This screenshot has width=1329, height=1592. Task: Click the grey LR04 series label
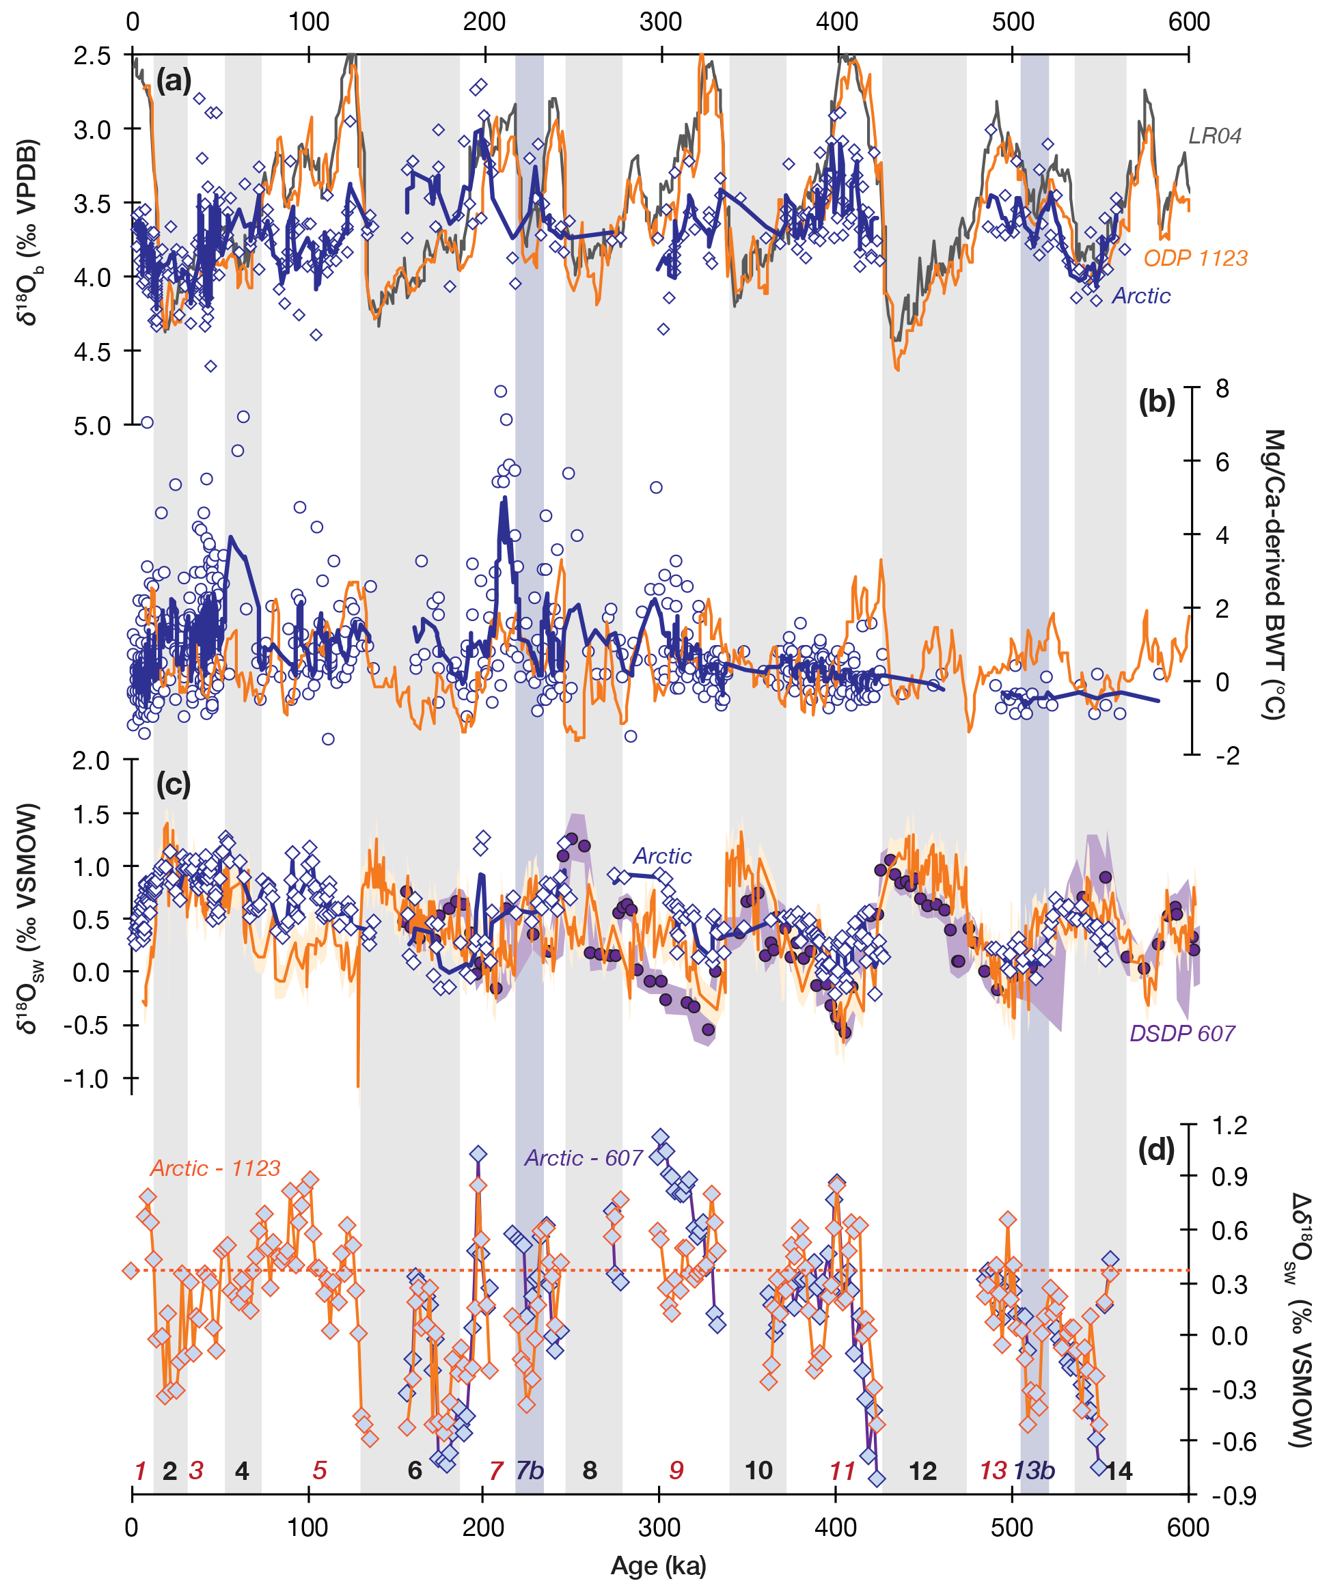(x=1214, y=136)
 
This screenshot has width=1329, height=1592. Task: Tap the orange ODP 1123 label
(x=1195, y=258)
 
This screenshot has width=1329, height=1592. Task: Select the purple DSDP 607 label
(x=1182, y=1033)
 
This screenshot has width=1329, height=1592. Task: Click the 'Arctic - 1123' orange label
(x=215, y=1168)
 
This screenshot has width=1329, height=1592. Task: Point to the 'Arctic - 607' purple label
(x=583, y=1158)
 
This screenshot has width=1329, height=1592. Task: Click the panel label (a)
(x=174, y=79)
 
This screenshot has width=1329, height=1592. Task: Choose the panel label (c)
(x=174, y=784)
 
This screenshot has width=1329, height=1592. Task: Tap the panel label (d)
(x=1156, y=1150)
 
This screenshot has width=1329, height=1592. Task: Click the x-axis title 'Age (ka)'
(x=658, y=1565)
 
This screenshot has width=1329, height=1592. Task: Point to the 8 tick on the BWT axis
(x=1222, y=389)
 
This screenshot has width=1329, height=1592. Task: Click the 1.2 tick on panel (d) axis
(x=1230, y=1125)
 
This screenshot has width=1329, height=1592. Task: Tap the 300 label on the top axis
(x=660, y=21)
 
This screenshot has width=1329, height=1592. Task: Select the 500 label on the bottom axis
(x=1012, y=1528)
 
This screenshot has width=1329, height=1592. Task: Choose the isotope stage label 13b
(x=1034, y=1470)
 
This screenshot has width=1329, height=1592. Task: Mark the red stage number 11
(x=842, y=1470)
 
